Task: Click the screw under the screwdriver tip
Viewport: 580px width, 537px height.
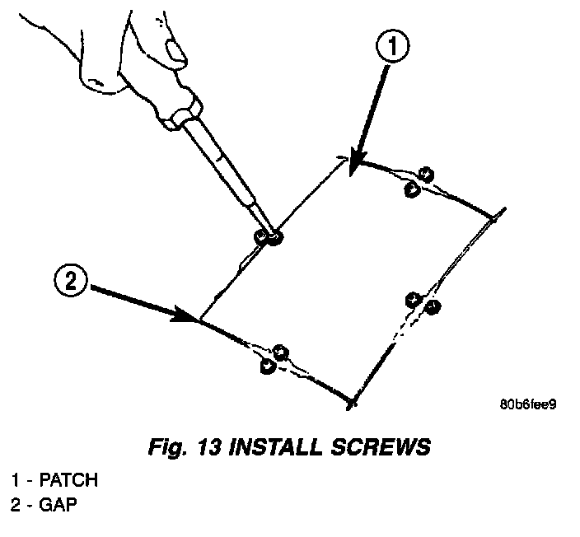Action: [269, 237]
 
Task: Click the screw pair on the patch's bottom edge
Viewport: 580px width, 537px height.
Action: [274, 359]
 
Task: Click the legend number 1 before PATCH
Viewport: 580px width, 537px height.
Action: [16, 479]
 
